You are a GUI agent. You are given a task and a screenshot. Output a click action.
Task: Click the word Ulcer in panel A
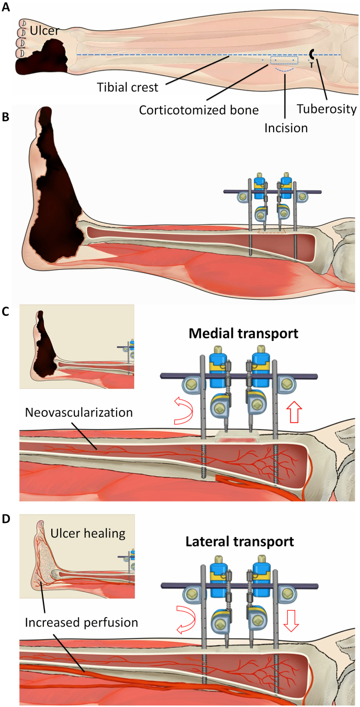coord(43,31)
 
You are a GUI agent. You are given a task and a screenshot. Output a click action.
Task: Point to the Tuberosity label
coord(326,109)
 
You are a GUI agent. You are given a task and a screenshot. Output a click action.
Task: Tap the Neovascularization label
coord(79,412)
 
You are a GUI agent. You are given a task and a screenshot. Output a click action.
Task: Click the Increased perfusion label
coord(82,622)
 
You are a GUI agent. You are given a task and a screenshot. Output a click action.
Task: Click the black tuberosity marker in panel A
coord(312,54)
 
